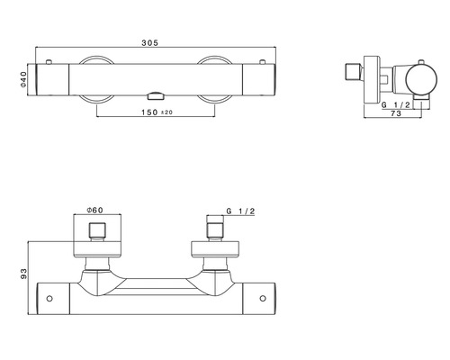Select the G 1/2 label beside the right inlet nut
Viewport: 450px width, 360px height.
pos(240,211)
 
